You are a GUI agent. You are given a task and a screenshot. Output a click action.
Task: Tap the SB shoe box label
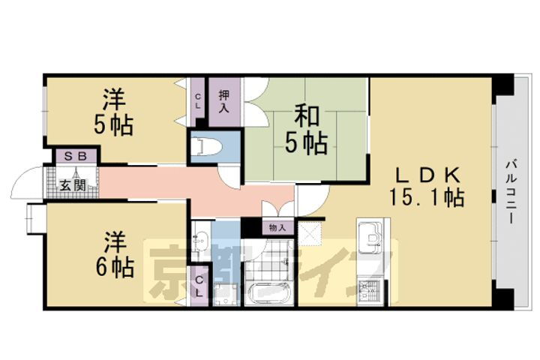tap(74, 157)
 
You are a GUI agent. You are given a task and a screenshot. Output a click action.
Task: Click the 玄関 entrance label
tap(71, 184)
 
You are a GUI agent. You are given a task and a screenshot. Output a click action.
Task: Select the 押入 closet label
tap(224, 100)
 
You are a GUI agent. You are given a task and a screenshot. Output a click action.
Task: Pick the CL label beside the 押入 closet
tap(197, 100)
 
